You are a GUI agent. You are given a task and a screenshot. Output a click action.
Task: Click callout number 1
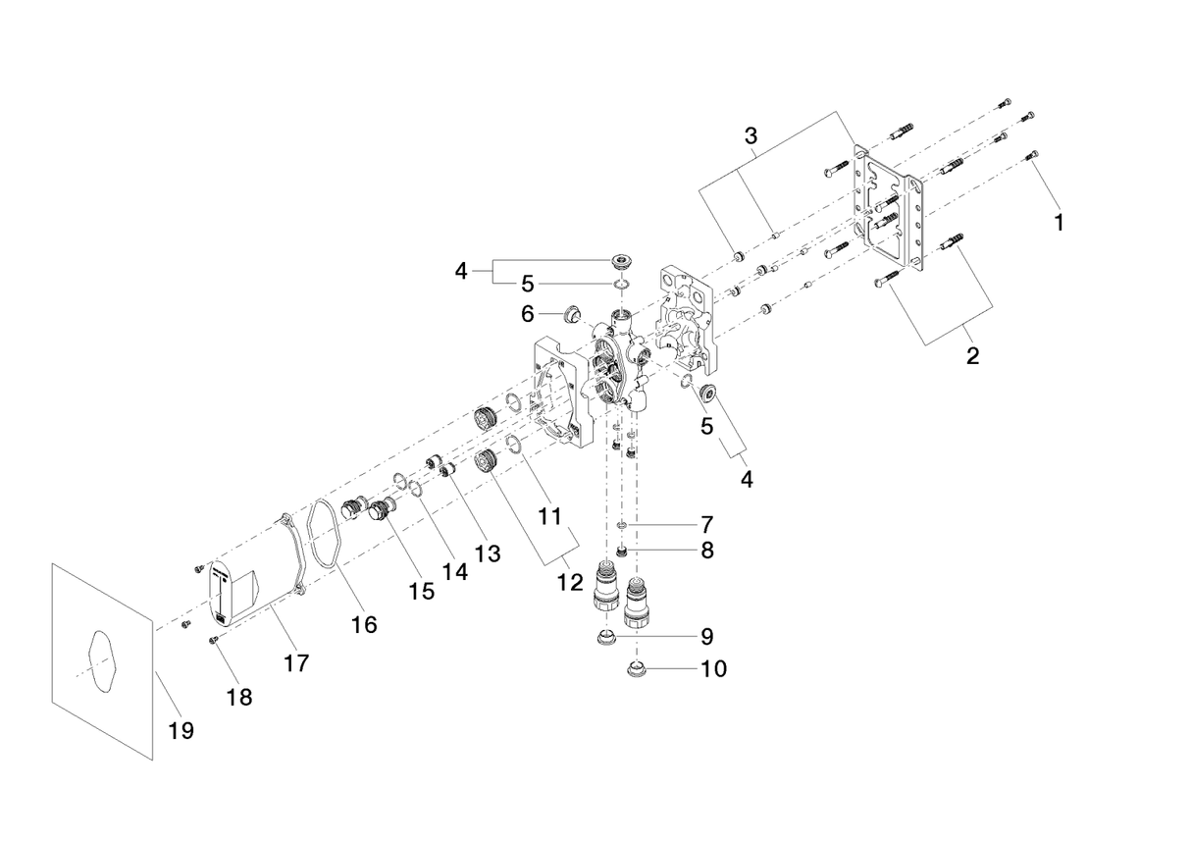1059,223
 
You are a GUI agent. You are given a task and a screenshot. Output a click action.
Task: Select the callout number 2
972,356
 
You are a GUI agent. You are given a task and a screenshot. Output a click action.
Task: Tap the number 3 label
751,136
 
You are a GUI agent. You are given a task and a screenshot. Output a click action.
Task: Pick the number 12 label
570,582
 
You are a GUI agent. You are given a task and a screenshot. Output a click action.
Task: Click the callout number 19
181,730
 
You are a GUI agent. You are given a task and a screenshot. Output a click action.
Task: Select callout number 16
364,624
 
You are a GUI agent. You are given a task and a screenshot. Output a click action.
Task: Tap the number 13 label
487,553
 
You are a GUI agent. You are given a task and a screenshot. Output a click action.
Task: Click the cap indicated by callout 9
607,638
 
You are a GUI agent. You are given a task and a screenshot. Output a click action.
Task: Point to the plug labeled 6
567,316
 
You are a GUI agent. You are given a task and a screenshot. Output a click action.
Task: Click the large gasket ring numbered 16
322,536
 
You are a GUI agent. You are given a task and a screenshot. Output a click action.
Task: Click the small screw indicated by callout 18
213,641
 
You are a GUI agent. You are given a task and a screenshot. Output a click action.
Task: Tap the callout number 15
422,593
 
